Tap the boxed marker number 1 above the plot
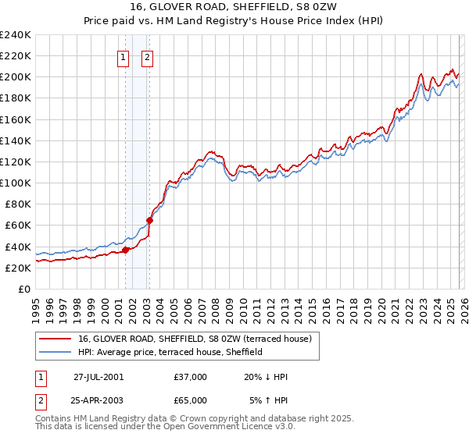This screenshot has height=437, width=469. [124, 56]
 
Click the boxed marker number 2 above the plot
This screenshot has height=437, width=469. [148, 56]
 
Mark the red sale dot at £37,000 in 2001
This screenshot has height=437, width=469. [125, 250]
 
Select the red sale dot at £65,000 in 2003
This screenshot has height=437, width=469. [149, 220]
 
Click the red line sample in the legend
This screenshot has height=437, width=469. [55, 339]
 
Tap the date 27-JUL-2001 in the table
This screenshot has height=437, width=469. [98, 377]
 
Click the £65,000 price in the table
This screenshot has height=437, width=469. [191, 402]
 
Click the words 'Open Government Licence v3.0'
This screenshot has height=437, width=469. [227, 428]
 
